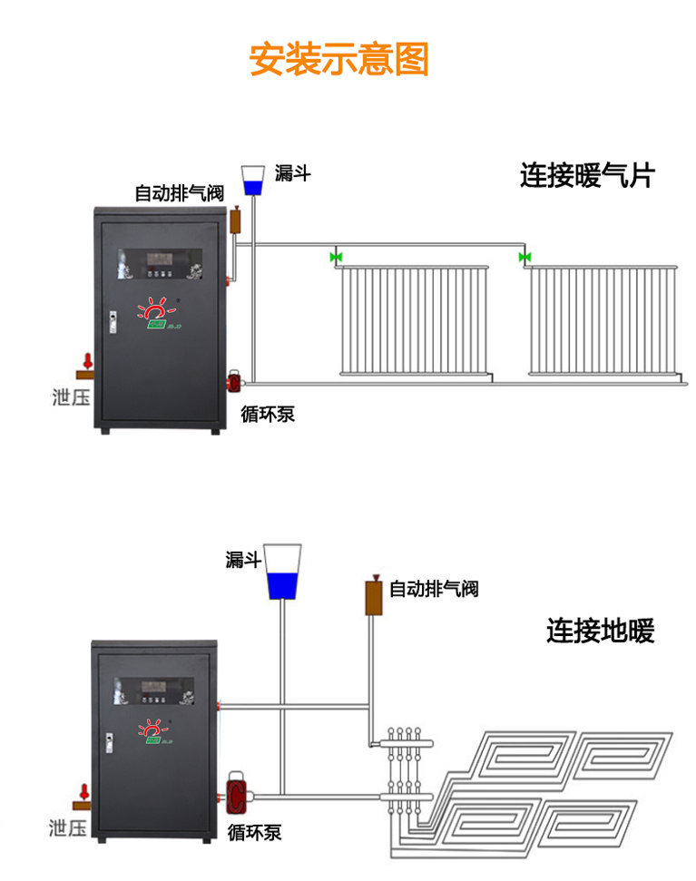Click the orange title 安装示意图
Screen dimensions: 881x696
tap(338, 59)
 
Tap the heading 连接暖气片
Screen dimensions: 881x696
tap(586, 175)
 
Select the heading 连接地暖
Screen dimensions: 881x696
tap(600, 631)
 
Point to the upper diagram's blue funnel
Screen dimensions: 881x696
tap(252, 181)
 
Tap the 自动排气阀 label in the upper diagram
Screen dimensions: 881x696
tap(179, 192)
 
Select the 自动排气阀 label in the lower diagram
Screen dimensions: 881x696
tap(434, 590)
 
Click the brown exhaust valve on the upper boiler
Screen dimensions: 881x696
tap(235, 220)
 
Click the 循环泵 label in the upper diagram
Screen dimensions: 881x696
tap(268, 415)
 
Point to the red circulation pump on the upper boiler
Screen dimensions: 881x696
tap(233, 380)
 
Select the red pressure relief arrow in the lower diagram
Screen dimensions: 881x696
tap(84, 791)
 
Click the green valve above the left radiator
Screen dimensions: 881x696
tap(336, 258)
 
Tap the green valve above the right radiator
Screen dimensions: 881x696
tap(524, 258)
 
